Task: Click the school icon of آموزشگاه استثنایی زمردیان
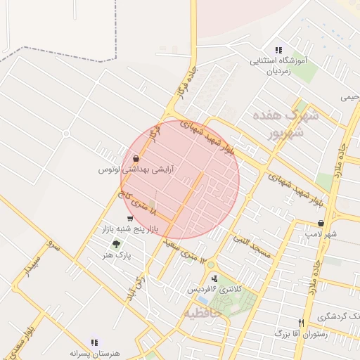pos(278,50)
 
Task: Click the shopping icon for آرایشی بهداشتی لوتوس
pos(134,158)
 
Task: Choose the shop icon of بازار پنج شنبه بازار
pos(127,219)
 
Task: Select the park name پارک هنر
pos(115,255)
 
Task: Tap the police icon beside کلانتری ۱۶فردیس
pos(214,278)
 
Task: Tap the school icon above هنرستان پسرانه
pos(94,342)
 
